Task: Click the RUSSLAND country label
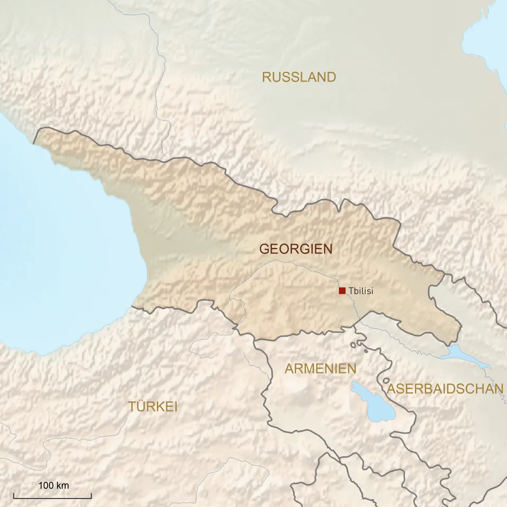(299, 77)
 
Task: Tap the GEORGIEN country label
(296, 249)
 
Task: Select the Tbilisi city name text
(361, 290)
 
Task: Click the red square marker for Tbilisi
(342, 290)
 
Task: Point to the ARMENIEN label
(321, 369)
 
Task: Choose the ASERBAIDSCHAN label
(445, 389)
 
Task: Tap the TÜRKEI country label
(153, 406)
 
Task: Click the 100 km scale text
(54, 485)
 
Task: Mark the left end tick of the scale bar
(14, 495)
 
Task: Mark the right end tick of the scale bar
(91, 495)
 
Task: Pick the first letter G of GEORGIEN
(264, 249)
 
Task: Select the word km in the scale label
(63, 485)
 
